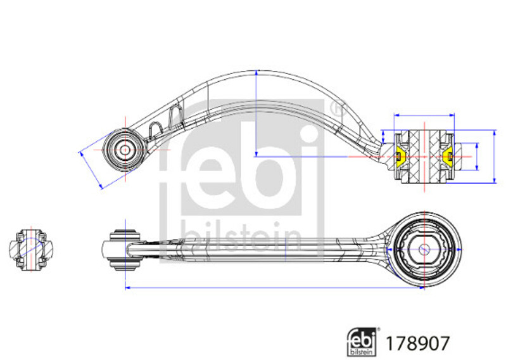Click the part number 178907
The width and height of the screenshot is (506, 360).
417,344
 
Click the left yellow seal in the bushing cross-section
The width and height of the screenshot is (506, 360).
401,157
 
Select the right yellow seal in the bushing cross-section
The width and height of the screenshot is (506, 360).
448,157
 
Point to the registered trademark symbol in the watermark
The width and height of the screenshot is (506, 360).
337,109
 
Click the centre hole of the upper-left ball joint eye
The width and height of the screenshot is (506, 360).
125,150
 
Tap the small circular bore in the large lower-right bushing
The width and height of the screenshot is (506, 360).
424,249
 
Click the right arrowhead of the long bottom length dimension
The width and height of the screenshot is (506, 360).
421,287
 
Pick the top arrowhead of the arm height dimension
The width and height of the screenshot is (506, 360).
256,74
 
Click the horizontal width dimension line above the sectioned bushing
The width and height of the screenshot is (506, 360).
424,115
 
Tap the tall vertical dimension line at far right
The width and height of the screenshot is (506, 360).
495,157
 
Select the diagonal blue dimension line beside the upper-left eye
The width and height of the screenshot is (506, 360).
91,170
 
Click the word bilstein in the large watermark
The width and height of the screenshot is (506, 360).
241,236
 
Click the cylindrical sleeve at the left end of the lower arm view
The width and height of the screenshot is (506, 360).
125,249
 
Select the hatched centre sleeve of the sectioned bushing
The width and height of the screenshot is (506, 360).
424,157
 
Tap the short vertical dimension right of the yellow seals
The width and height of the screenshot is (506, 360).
477,157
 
